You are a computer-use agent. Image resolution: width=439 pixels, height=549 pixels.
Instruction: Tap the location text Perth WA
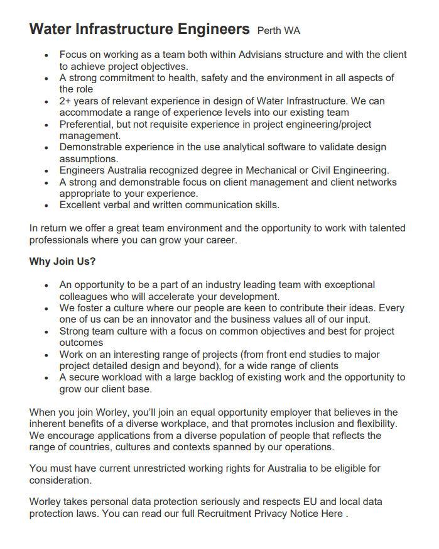click(279, 30)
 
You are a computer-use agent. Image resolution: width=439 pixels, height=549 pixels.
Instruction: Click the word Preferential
click(88, 124)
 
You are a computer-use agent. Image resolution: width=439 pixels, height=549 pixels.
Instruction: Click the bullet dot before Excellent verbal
click(46, 206)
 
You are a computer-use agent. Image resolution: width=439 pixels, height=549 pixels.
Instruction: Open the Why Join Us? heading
click(63, 262)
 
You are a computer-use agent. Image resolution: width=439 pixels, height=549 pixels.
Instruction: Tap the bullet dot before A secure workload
click(46, 378)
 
